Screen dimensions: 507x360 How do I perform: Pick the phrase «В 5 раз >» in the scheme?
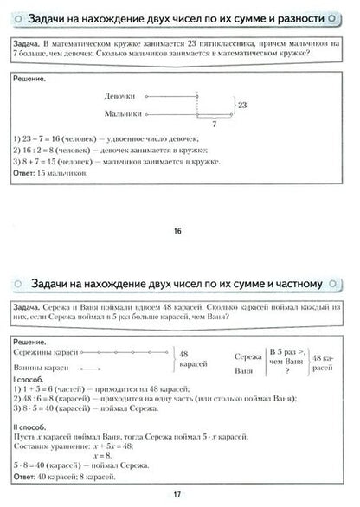click(286, 352)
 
